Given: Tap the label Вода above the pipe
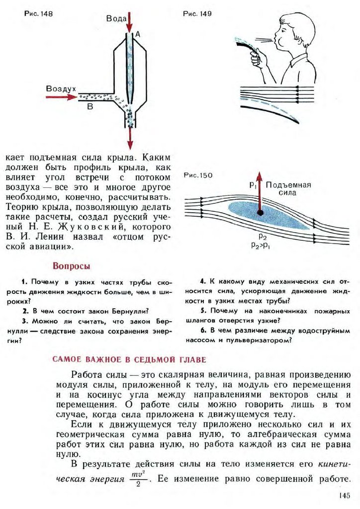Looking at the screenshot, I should [x=116, y=19].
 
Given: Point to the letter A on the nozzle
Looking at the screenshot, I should [x=138, y=34].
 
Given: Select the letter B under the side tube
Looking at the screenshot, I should [x=90, y=106].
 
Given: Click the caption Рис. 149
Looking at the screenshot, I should [x=197, y=14].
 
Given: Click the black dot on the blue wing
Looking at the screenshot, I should [x=260, y=213].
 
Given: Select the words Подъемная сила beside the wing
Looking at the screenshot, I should [x=288, y=188].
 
